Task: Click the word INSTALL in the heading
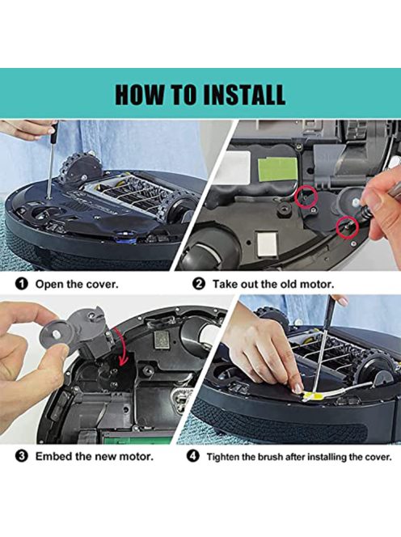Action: point(244,94)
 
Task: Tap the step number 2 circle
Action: point(199,284)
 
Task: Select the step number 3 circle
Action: point(21,456)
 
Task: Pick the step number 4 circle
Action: point(192,456)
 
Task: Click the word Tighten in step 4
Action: point(224,457)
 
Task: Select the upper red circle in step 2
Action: point(305,197)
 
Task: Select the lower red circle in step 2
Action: point(347,227)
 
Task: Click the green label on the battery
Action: point(278,169)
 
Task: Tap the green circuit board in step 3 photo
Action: point(137,438)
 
